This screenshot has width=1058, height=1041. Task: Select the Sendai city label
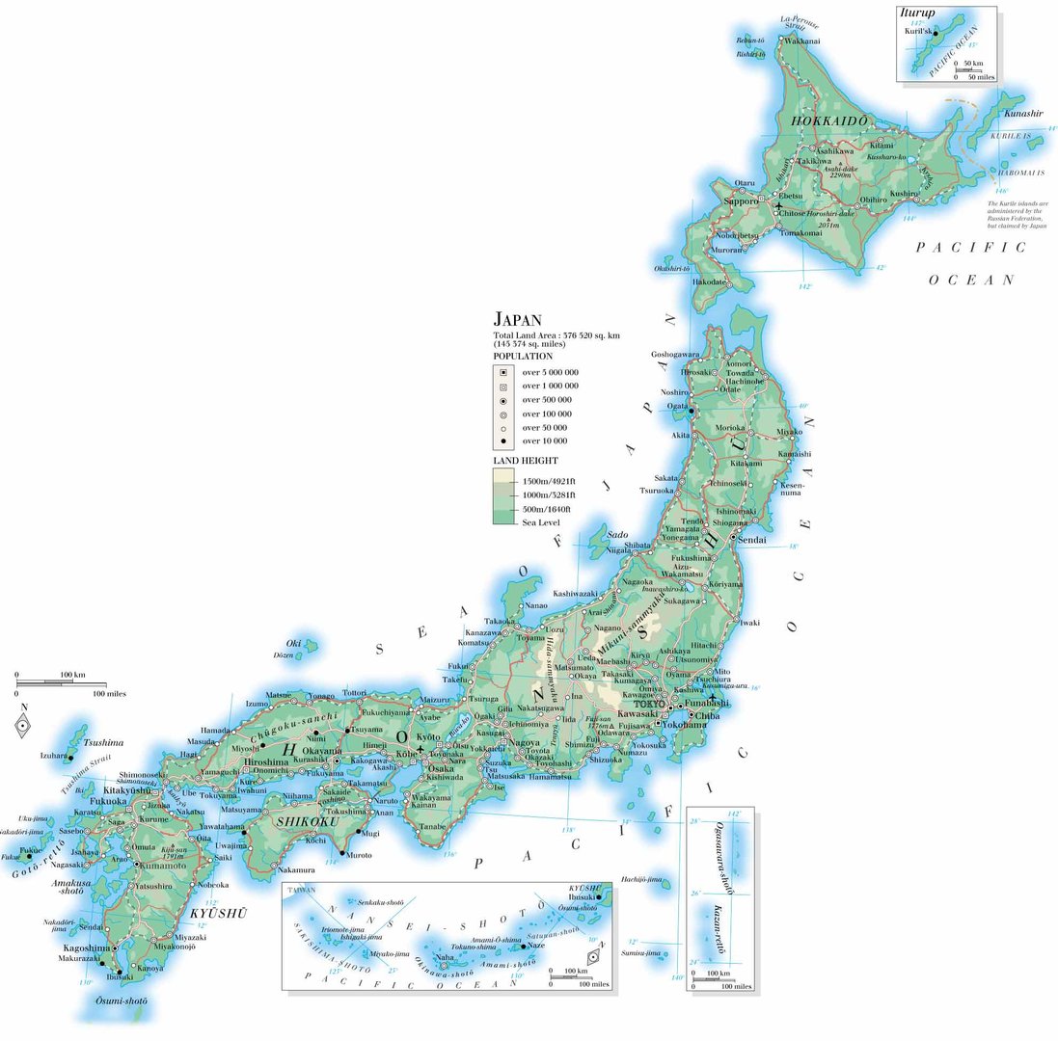(751, 541)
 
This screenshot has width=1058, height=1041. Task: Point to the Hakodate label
(709, 281)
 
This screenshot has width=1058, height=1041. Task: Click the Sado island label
(618, 534)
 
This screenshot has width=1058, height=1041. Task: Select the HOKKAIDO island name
(829, 121)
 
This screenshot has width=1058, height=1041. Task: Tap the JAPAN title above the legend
(518, 318)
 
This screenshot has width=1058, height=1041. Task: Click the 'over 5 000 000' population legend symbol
(502, 372)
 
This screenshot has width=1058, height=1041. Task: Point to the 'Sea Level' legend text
(540, 522)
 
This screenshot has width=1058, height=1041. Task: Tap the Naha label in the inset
(444, 957)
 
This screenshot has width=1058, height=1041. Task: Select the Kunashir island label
(1022, 114)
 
